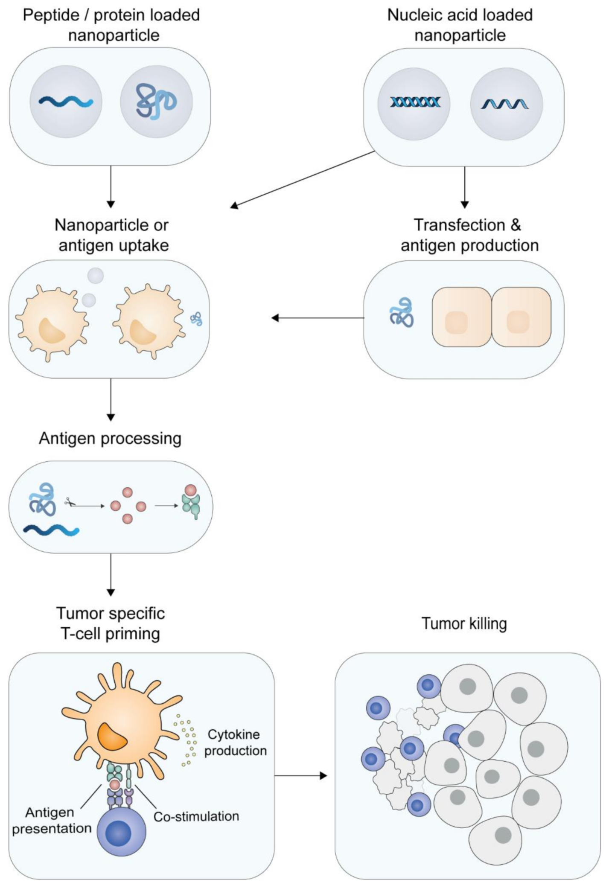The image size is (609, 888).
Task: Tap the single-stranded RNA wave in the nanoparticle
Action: [505, 104]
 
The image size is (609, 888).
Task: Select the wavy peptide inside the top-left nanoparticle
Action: [66, 102]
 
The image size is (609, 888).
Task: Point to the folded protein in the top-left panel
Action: [156, 102]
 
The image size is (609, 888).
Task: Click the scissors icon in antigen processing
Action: [70, 502]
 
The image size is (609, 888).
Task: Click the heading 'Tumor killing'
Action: [464, 623]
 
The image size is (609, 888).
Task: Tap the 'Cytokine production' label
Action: [235, 742]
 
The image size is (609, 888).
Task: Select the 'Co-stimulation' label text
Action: [196, 816]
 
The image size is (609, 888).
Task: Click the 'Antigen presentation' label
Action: [51, 820]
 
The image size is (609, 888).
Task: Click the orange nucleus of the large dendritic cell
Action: [112, 737]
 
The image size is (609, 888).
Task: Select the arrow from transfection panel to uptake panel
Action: [318, 318]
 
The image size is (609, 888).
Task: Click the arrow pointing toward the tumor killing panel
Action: [300, 775]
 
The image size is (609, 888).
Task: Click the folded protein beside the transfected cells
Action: [402, 312]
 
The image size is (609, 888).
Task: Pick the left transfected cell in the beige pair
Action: [461, 317]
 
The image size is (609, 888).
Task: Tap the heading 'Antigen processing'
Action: [110, 438]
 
